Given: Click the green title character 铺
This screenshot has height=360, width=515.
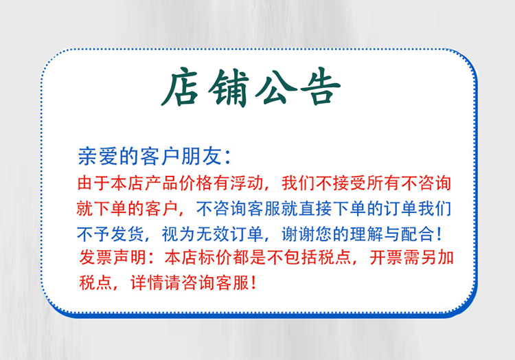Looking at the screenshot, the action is pos(229,88).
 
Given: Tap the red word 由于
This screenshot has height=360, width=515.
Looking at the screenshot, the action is pos(93,183).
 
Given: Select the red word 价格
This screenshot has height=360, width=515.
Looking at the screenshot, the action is pos(196,183).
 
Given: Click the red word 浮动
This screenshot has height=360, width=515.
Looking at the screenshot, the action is pos(247,183).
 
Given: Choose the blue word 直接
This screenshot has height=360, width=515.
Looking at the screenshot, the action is pos(316,208).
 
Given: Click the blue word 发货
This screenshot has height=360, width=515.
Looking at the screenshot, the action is pos(128,234).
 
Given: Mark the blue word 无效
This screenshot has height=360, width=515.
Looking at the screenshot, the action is pos(213,234).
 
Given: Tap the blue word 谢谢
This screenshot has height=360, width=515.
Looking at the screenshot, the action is pos(299,234).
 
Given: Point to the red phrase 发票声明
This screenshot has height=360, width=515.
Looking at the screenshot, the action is pos(113,257).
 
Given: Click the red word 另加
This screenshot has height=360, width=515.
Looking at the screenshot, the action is pos(437,257).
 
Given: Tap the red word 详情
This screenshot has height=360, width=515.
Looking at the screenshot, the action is pos(147,282).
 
